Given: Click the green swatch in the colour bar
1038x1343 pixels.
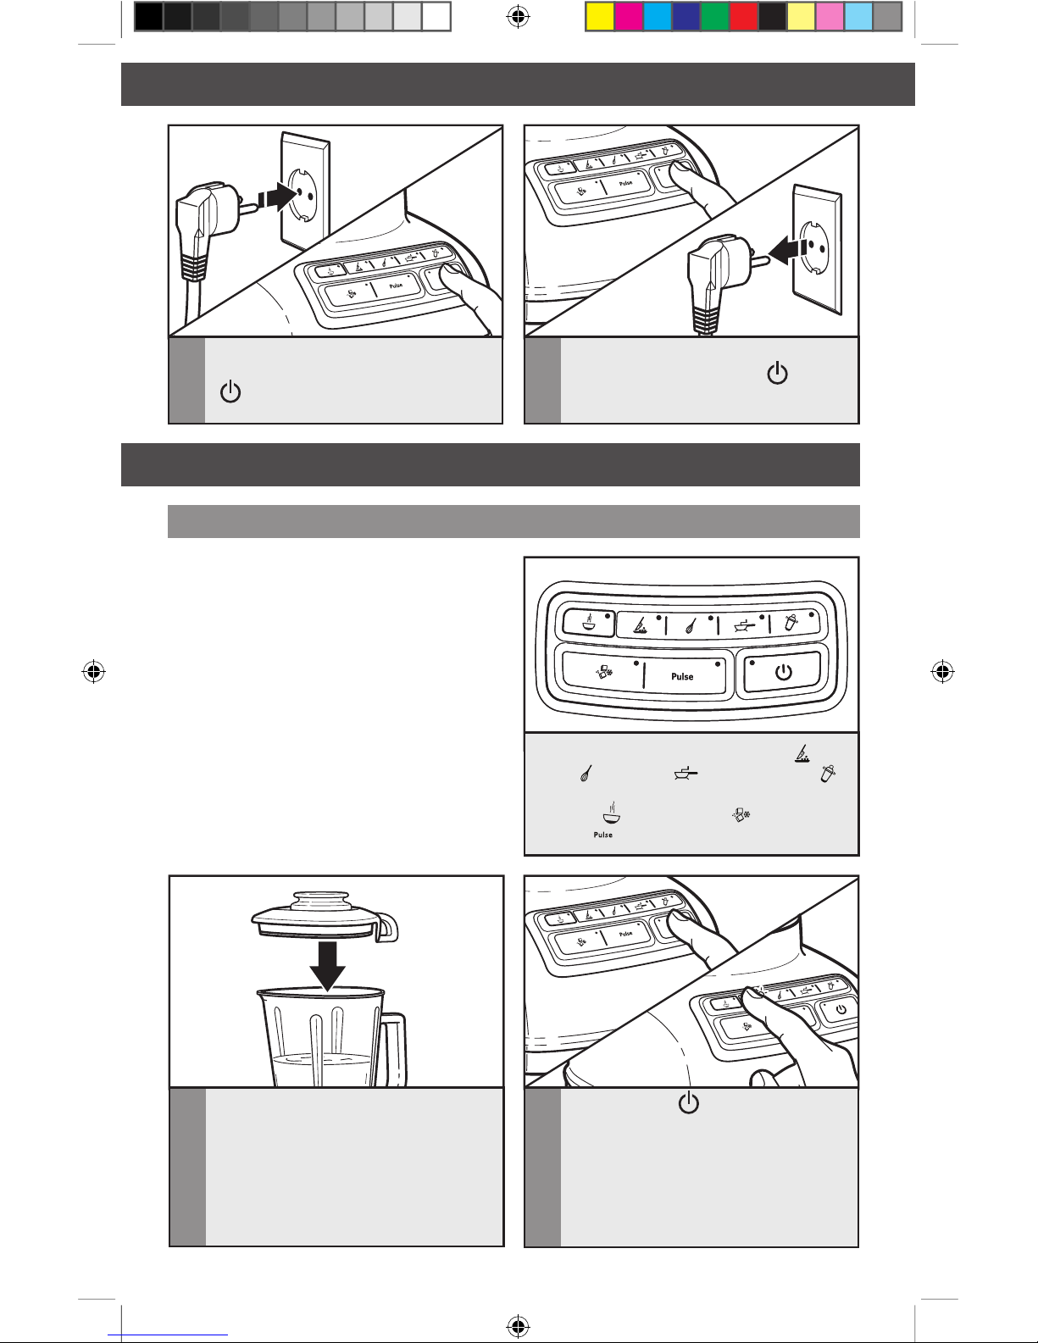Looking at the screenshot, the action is pos(715,17).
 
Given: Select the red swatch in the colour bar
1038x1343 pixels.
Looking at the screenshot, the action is pos(744,17).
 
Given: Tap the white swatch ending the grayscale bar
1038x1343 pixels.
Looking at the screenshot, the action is pos(436,17).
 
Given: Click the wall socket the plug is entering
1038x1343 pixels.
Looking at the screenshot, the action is pos(305,191).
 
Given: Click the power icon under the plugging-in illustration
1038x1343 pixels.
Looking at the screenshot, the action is pos(230,391).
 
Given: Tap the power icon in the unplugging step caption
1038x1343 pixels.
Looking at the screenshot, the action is pos(777,374).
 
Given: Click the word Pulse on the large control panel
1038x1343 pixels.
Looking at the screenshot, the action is pos(682,676).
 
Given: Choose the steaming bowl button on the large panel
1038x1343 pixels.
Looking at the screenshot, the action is pos(589,623).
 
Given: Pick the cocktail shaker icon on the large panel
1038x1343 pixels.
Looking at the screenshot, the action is pos(791,622).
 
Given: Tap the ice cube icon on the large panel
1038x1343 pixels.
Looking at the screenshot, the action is pos(603,673).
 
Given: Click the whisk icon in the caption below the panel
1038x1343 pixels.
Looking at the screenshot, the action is pos(586,773).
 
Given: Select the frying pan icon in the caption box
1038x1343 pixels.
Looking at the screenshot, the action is pos(686,773).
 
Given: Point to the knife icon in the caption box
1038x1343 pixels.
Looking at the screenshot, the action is pos(802,753).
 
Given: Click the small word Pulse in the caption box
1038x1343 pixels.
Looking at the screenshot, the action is pos(603,835).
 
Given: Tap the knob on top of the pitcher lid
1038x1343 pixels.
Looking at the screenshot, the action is pos(321,898).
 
